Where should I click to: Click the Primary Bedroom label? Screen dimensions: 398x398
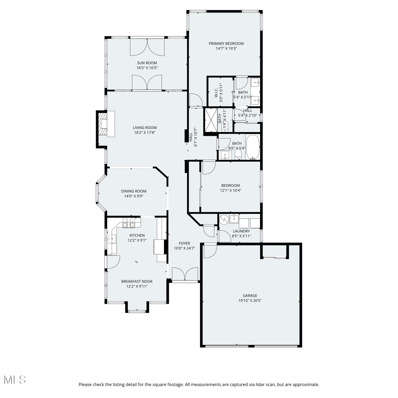(x=226, y=44)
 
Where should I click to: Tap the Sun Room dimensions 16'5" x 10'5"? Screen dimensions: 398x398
(x=147, y=68)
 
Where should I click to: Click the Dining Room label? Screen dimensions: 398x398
(x=134, y=191)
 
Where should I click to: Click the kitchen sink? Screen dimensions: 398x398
(x=112, y=239)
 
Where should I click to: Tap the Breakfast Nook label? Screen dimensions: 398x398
(x=137, y=282)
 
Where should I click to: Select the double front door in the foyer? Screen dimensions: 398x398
(x=185, y=274)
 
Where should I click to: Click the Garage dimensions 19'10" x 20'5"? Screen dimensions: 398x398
(x=250, y=301)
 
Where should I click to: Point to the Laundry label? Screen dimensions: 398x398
(x=241, y=231)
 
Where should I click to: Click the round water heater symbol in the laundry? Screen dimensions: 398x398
(x=224, y=219)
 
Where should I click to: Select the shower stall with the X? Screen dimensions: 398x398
(x=211, y=120)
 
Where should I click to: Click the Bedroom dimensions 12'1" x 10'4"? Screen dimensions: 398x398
(x=231, y=190)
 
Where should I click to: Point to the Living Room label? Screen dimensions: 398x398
(x=145, y=128)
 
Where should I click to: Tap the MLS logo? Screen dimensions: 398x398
(x=13, y=380)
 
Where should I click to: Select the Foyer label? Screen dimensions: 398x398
(x=184, y=243)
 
